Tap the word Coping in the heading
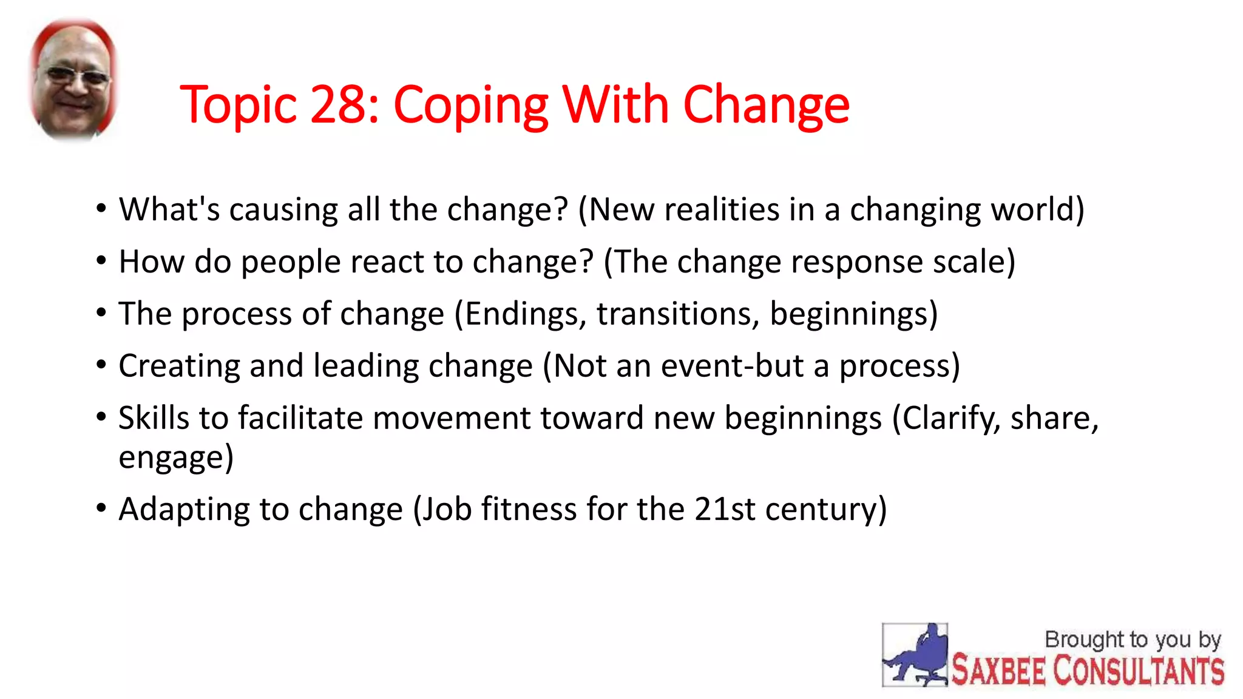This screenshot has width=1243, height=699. click(471, 107)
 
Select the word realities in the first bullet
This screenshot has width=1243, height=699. click(721, 210)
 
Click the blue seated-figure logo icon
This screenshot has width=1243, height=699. click(915, 655)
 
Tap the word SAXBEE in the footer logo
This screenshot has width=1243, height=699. click(998, 671)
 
